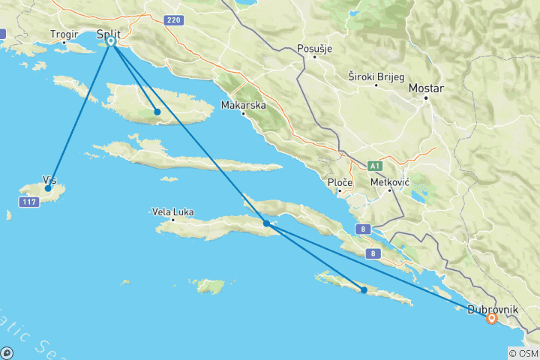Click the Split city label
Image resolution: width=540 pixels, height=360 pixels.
[103, 32]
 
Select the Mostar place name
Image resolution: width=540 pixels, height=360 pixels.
[425, 88]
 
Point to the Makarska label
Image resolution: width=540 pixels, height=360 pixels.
[244, 106]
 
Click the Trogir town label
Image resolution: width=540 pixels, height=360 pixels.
[64, 34]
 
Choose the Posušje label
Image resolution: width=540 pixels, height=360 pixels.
[314, 49]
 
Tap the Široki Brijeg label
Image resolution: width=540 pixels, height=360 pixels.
[376, 76]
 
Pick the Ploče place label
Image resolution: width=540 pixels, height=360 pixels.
[340, 182]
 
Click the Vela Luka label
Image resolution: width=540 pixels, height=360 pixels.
[172, 212]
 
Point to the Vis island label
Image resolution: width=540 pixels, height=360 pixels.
[49, 180]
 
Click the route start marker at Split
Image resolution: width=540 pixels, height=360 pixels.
[111, 41]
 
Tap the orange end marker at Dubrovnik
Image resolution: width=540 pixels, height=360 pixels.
[492, 318]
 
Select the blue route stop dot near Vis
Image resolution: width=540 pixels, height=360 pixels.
[48, 188]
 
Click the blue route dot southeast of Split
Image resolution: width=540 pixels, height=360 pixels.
[157, 112]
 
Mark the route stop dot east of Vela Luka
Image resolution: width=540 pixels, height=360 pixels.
[267, 223]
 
